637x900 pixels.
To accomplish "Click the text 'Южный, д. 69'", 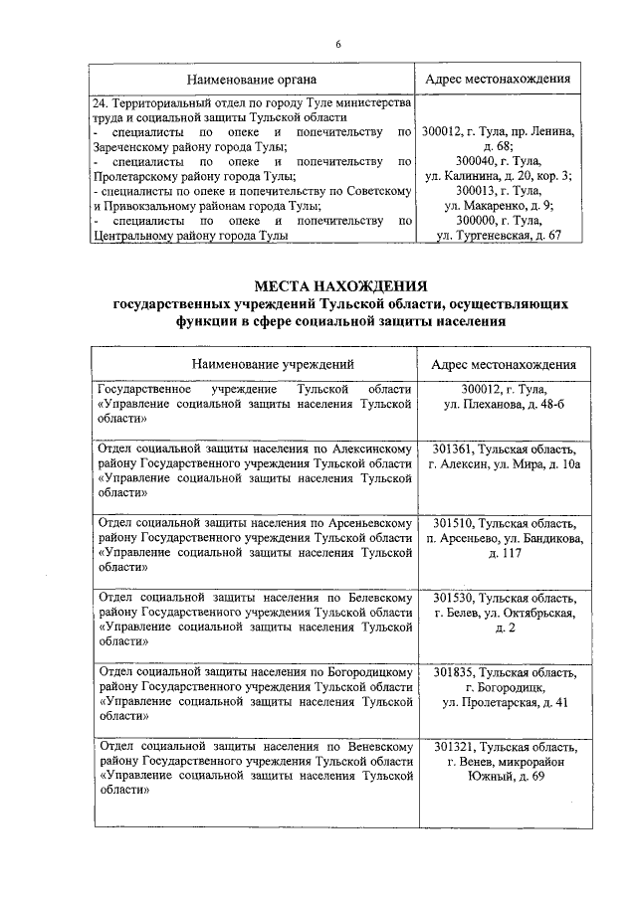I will [x=504, y=777].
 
